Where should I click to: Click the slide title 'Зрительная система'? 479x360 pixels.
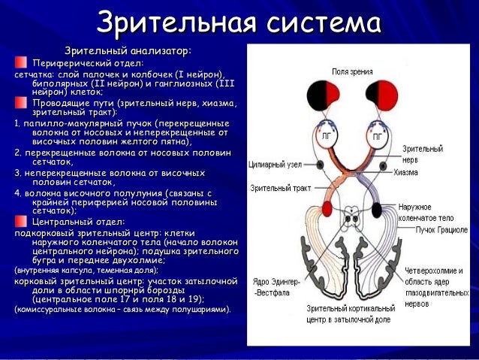tap(239, 20)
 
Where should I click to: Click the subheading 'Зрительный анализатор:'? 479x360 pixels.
tap(128, 50)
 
